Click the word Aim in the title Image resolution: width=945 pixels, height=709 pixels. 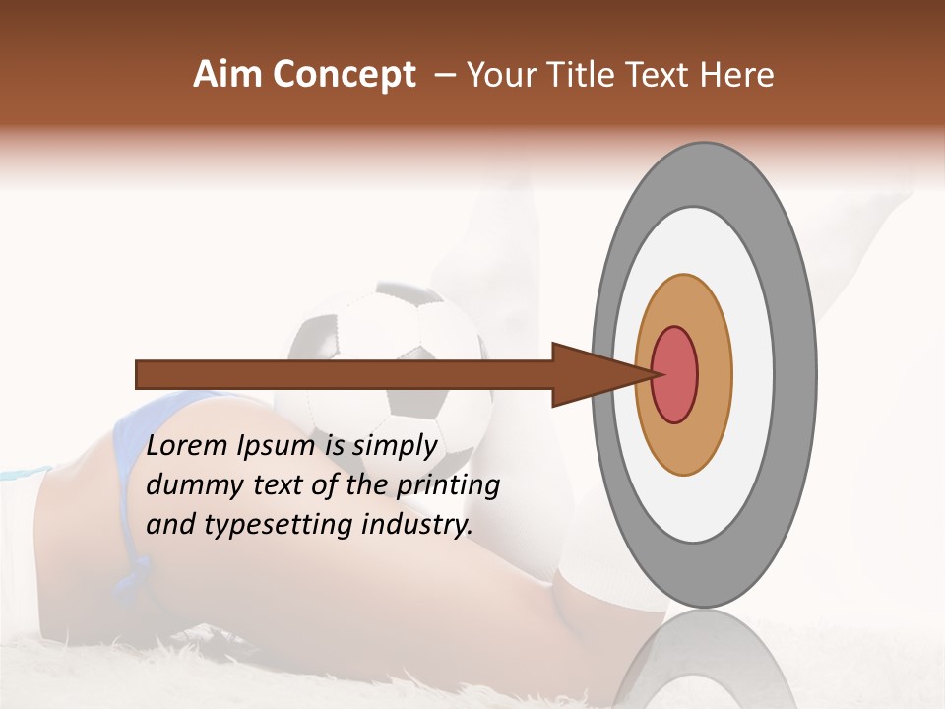pos(226,75)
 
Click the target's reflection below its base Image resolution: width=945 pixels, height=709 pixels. pos(704,660)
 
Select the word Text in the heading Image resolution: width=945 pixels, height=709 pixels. pos(661,75)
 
